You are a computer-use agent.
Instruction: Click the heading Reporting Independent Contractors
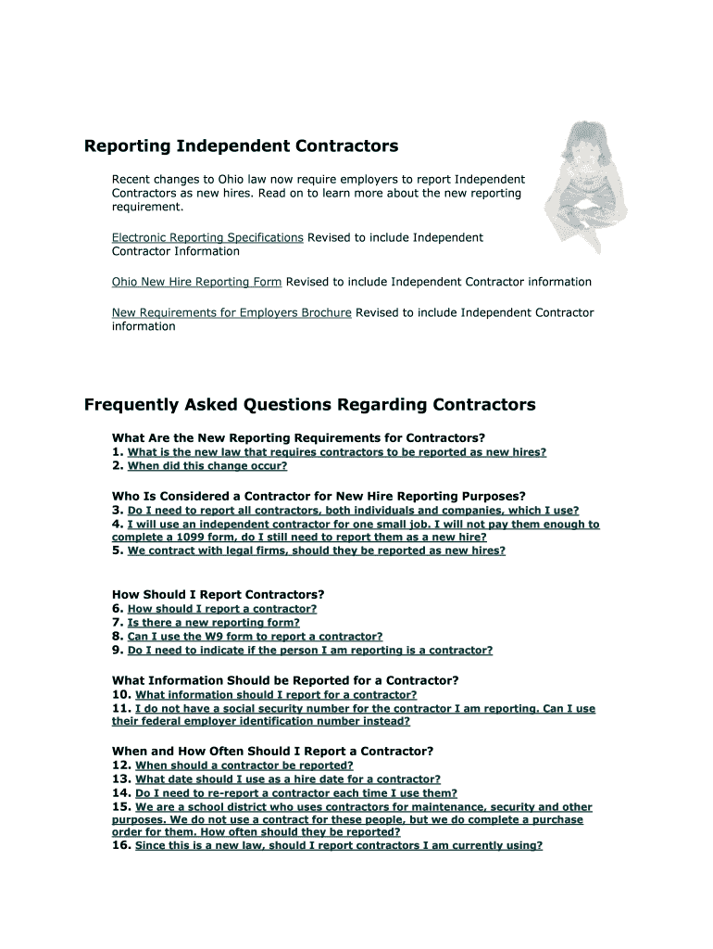pyautogui.click(x=241, y=146)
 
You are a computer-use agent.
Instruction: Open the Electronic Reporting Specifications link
pyautogui.click(x=207, y=237)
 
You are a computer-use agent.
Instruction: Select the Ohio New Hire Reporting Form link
pyautogui.click(x=196, y=282)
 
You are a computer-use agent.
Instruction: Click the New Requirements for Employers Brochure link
pyautogui.click(x=231, y=312)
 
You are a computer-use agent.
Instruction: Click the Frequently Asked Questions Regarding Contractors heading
pyautogui.click(x=309, y=405)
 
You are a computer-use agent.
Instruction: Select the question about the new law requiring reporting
pyautogui.click(x=336, y=452)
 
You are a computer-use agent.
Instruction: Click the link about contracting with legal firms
pyautogui.click(x=316, y=550)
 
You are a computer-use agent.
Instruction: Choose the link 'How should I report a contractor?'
pyautogui.click(x=221, y=609)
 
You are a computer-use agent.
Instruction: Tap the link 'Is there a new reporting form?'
pyautogui.click(x=213, y=623)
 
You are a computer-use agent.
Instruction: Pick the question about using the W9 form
pyautogui.click(x=255, y=637)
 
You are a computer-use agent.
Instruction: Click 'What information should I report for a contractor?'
pyautogui.click(x=275, y=694)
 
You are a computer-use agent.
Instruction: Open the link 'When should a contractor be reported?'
pyautogui.click(x=244, y=766)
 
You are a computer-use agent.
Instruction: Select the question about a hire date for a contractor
pyautogui.click(x=287, y=779)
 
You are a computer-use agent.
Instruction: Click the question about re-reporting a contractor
pyautogui.click(x=295, y=793)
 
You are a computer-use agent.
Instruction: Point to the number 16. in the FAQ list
pyautogui.click(x=121, y=845)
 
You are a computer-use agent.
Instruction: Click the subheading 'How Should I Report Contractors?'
pyautogui.click(x=218, y=594)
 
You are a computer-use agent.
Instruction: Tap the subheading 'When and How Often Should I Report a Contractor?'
pyautogui.click(x=272, y=751)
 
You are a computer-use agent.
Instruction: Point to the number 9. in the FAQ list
pyautogui.click(x=118, y=651)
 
